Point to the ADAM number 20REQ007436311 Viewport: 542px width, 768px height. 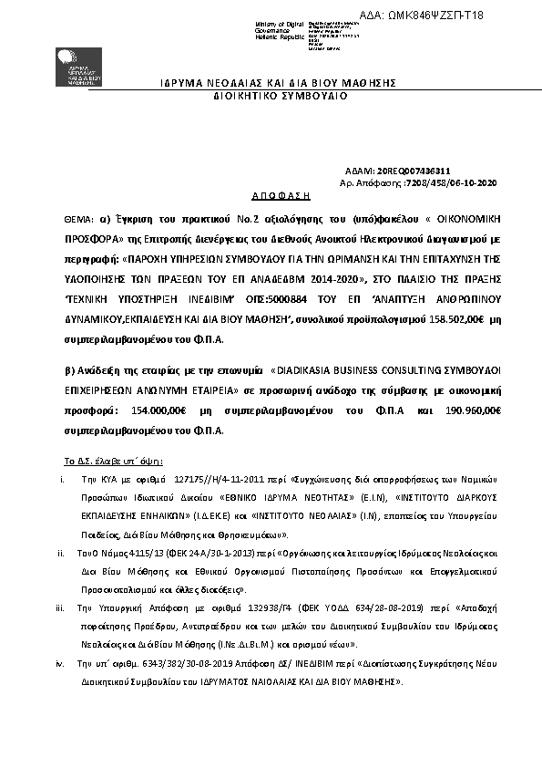pos(412,171)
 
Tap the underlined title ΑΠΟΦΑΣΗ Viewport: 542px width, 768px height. pos(281,195)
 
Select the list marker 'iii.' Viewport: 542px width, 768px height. pos(59,607)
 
